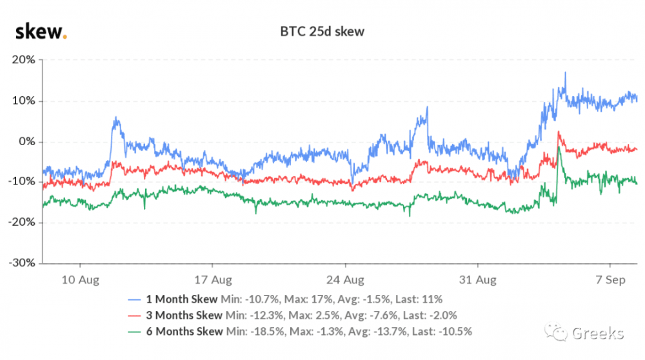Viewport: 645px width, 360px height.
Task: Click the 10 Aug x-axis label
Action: [x=79, y=280]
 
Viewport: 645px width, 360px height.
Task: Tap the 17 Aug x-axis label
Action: [x=212, y=280]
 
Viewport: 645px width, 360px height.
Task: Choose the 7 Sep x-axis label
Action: [x=611, y=280]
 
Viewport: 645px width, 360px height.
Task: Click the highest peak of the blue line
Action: [x=565, y=73]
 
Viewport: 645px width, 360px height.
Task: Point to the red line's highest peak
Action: [x=559, y=132]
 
